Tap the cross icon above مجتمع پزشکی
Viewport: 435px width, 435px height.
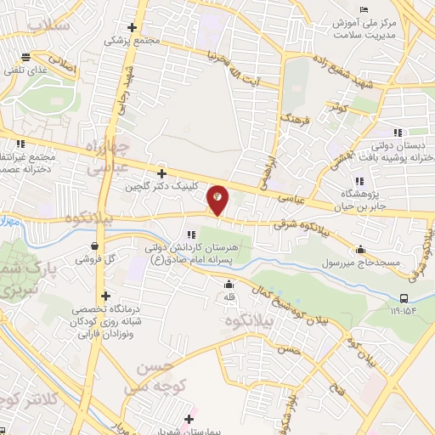point(132,27)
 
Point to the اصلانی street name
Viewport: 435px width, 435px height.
point(62,64)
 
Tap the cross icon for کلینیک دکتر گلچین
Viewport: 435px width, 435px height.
point(161,172)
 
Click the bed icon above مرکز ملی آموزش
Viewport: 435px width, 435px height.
point(365,9)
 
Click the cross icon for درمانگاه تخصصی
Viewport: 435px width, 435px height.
point(106,297)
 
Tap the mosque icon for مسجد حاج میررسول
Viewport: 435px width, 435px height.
point(361,250)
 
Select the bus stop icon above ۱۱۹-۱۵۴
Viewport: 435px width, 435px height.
point(404,297)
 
